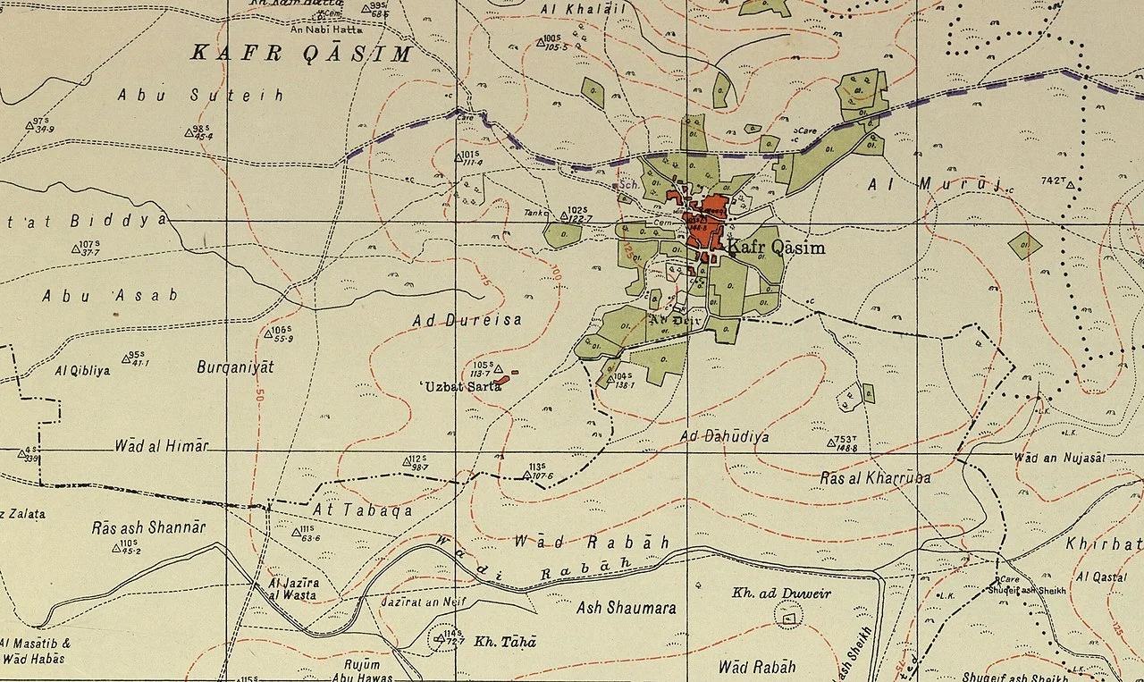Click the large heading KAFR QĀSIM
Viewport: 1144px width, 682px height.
(x=301, y=54)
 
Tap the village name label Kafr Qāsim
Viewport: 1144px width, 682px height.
(x=775, y=248)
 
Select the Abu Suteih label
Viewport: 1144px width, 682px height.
(x=200, y=95)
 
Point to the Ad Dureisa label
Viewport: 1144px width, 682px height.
(x=467, y=319)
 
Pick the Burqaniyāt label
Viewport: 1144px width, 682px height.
(x=235, y=366)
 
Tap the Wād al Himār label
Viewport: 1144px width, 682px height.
(x=162, y=446)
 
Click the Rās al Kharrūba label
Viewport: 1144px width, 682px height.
(x=875, y=478)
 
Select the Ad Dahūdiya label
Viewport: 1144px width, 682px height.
(x=724, y=437)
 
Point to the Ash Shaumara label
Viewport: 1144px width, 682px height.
(x=626, y=608)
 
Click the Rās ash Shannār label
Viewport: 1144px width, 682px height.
(x=148, y=527)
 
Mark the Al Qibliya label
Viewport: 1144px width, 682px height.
(x=82, y=370)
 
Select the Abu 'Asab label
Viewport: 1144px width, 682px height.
(x=110, y=295)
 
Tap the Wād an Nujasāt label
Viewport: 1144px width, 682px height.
(x=1059, y=458)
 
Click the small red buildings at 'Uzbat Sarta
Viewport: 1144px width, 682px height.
(x=502, y=380)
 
